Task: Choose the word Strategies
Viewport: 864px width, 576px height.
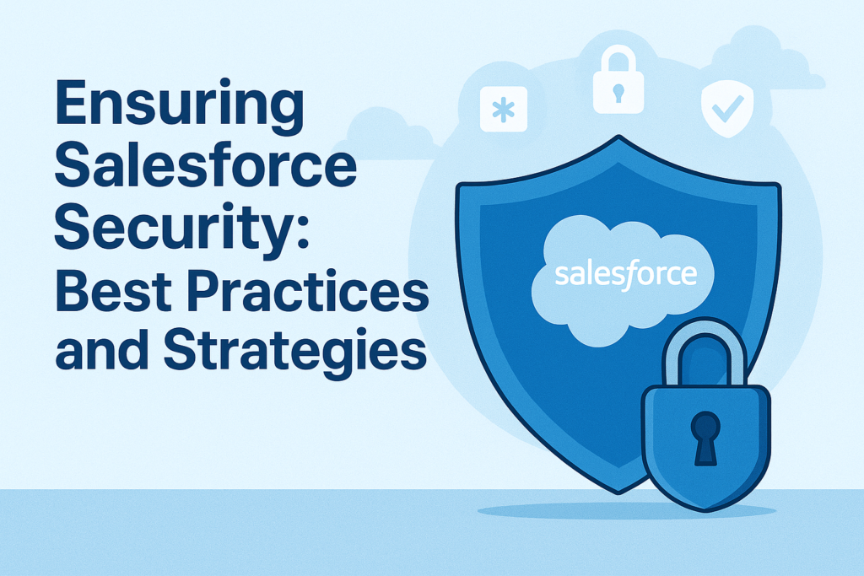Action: [x=294, y=353]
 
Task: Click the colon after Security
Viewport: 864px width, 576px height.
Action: [x=303, y=234]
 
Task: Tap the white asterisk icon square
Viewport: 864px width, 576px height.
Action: [x=504, y=109]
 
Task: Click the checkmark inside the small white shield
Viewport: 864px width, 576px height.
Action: [x=727, y=109]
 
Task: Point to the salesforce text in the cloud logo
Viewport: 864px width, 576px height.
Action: [x=626, y=274]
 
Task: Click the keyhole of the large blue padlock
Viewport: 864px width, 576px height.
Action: [x=705, y=438]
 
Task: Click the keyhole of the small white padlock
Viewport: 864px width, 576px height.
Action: [x=618, y=93]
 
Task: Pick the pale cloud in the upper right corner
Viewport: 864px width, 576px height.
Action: [x=766, y=60]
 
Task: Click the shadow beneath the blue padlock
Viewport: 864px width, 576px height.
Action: [x=627, y=511]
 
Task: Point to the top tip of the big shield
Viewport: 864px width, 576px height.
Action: [x=618, y=136]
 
